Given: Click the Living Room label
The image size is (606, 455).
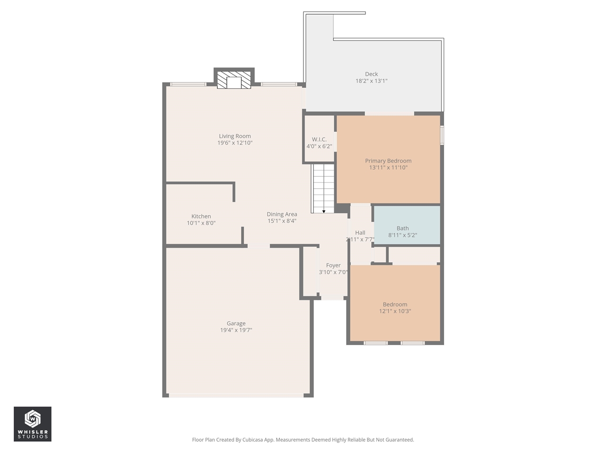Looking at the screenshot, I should coord(235,136).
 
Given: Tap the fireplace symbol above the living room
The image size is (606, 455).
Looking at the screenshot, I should coord(234,80).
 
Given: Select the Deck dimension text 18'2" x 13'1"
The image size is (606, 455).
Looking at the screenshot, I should coord(371,81).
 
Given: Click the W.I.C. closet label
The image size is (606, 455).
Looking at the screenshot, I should coord(319,139).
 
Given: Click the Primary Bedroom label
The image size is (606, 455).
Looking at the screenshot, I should coord(388,161).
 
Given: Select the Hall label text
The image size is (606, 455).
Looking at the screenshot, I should coord(360,233).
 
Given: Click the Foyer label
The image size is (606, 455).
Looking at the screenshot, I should coord(333,265).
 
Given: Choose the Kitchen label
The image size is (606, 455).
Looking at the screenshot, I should coord(201,216).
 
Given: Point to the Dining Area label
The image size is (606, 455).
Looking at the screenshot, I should coord(282,214).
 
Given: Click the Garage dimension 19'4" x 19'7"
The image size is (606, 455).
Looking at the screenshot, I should coord(236,330).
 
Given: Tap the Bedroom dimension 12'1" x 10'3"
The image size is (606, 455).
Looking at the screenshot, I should coord(395,311).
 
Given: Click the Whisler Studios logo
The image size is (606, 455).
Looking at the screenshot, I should coord(33,424).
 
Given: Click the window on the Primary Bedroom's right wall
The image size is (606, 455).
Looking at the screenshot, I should coord(442,134).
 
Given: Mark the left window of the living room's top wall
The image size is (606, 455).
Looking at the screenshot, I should coord(188,84).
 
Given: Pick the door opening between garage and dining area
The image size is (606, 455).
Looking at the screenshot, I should coord(258,246).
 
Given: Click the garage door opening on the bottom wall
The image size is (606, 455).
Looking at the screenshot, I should coord(237,395).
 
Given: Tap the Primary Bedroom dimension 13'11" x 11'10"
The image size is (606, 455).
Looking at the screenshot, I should coord(388,167).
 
